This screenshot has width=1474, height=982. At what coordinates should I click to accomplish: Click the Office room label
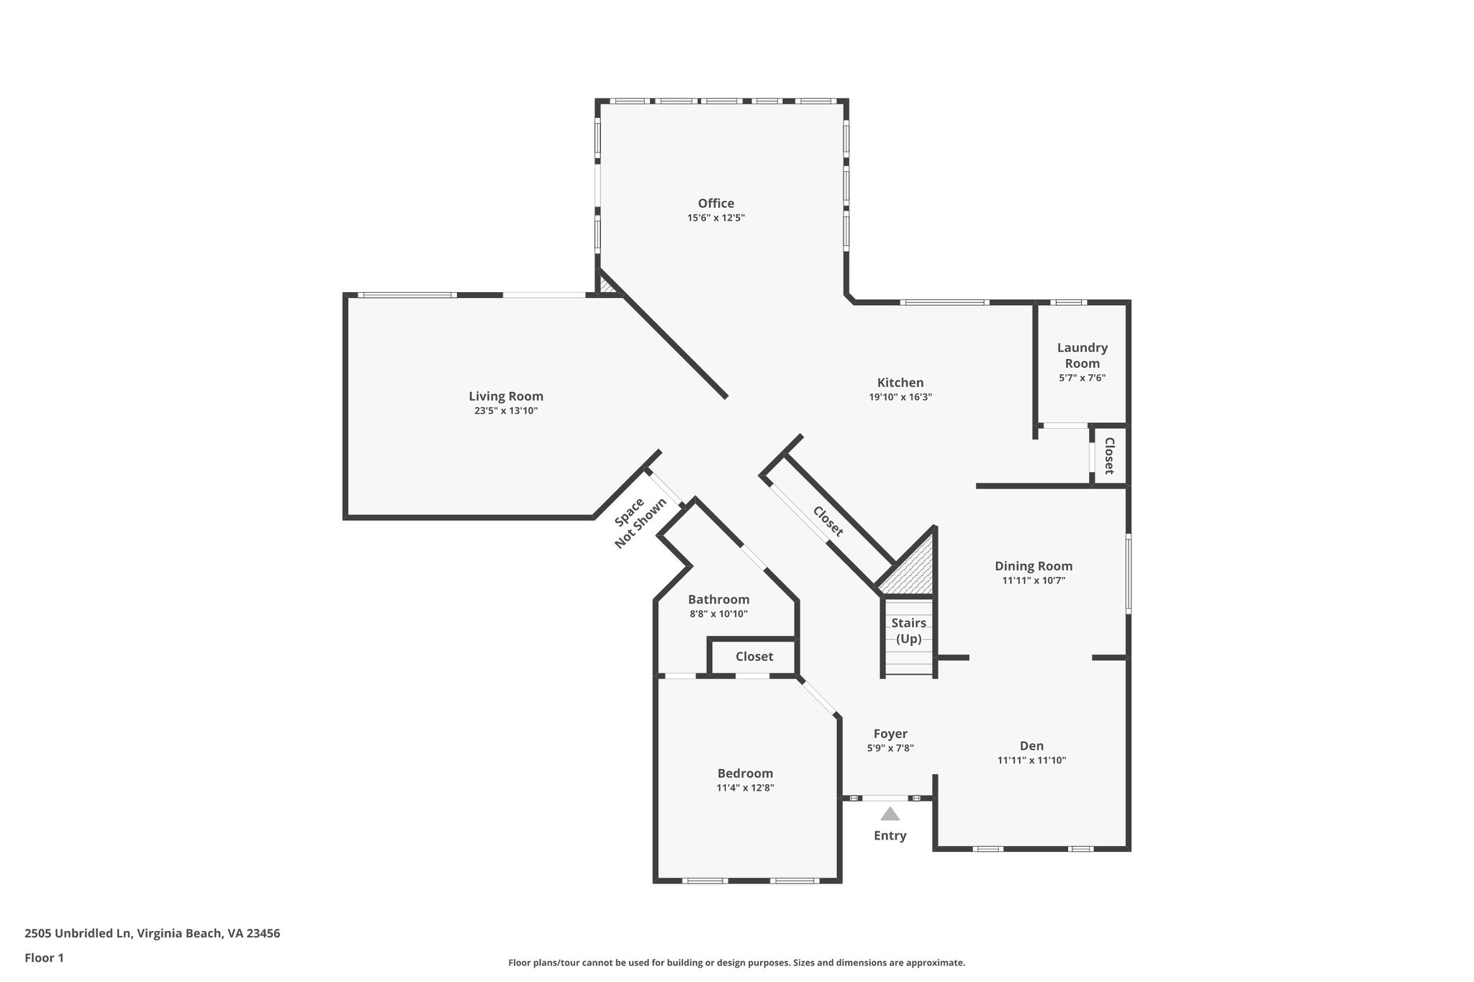[x=715, y=204]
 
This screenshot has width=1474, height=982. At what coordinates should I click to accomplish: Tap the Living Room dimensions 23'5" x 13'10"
[x=506, y=411]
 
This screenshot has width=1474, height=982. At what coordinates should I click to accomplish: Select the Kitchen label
[x=900, y=383]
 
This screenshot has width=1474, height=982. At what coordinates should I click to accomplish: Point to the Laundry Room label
[x=1082, y=355]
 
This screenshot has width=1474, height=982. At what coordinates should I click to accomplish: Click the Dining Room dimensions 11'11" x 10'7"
[x=1034, y=581]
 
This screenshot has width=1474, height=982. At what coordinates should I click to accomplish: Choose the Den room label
[x=1031, y=746]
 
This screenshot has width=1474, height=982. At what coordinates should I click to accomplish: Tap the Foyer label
[x=890, y=734]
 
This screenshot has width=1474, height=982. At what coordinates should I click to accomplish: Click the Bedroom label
[x=745, y=773]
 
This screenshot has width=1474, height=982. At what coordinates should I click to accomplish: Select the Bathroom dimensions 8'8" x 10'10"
[x=718, y=614]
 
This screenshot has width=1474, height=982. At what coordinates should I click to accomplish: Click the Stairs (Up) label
[x=908, y=631]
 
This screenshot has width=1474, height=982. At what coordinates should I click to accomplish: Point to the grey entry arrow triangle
[x=890, y=814]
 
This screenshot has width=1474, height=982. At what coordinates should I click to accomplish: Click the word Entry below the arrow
[x=890, y=836]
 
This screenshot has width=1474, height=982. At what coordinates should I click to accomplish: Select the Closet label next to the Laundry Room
[x=1109, y=456]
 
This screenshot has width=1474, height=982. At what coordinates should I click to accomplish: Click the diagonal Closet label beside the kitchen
[x=828, y=522]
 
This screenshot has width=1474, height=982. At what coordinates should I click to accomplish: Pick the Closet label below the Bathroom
[x=754, y=657]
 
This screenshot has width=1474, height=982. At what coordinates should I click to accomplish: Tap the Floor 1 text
[x=44, y=958]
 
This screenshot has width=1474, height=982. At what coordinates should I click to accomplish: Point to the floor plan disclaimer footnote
[x=736, y=963]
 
